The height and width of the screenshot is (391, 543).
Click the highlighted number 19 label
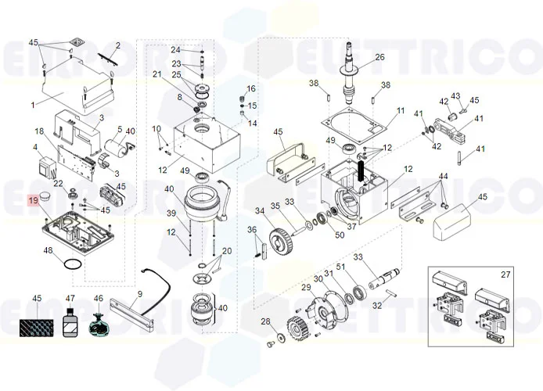[34, 201]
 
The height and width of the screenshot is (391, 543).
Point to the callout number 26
[379, 57]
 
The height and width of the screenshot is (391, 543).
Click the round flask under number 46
[99, 325]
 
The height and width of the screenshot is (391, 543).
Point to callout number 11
[400, 111]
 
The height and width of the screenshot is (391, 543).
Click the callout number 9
[139, 295]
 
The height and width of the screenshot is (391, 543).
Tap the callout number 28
[265, 321]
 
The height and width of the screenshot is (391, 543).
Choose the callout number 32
[377, 306]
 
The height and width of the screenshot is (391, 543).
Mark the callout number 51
[340, 267]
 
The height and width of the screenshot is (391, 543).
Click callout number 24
[175, 50]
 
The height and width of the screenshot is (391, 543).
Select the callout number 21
[156, 74]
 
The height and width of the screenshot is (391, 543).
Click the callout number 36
[252, 229]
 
